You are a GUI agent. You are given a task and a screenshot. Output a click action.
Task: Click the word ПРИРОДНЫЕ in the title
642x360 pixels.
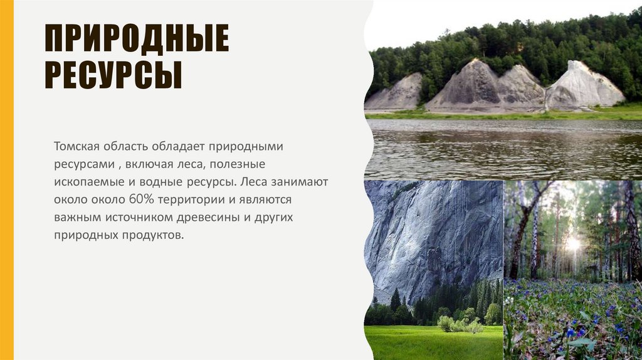tap(136, 39)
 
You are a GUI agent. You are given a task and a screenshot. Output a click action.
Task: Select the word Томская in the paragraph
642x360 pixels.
tap(75, 146)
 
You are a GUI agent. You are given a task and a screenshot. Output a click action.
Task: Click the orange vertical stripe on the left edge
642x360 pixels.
tap(6, 180)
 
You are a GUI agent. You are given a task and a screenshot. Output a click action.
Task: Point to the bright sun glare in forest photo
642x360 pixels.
tap(573, 244)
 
